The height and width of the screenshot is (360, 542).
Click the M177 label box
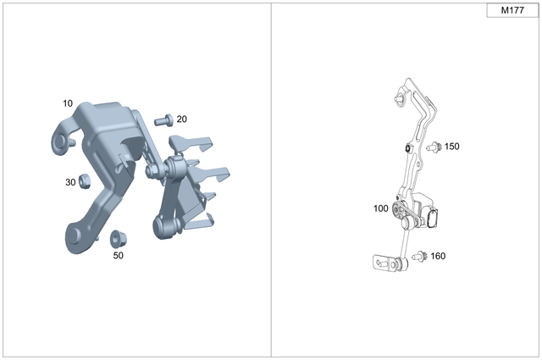(x=512, y=10)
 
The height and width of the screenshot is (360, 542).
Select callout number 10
(x=68, y=103)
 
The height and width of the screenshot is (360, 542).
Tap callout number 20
(x=181, y=119)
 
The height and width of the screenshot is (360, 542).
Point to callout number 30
(x=70, y=182)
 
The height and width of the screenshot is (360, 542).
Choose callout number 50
(x=119, y=256)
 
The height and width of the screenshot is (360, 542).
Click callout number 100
(x=380, y=208)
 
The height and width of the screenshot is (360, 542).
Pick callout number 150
(x=451, y=147)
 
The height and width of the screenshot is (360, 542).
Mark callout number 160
(x=438, y=257)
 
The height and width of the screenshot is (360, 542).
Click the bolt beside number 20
(x=163, y=120)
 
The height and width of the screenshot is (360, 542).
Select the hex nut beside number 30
(x=85, y=181)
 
